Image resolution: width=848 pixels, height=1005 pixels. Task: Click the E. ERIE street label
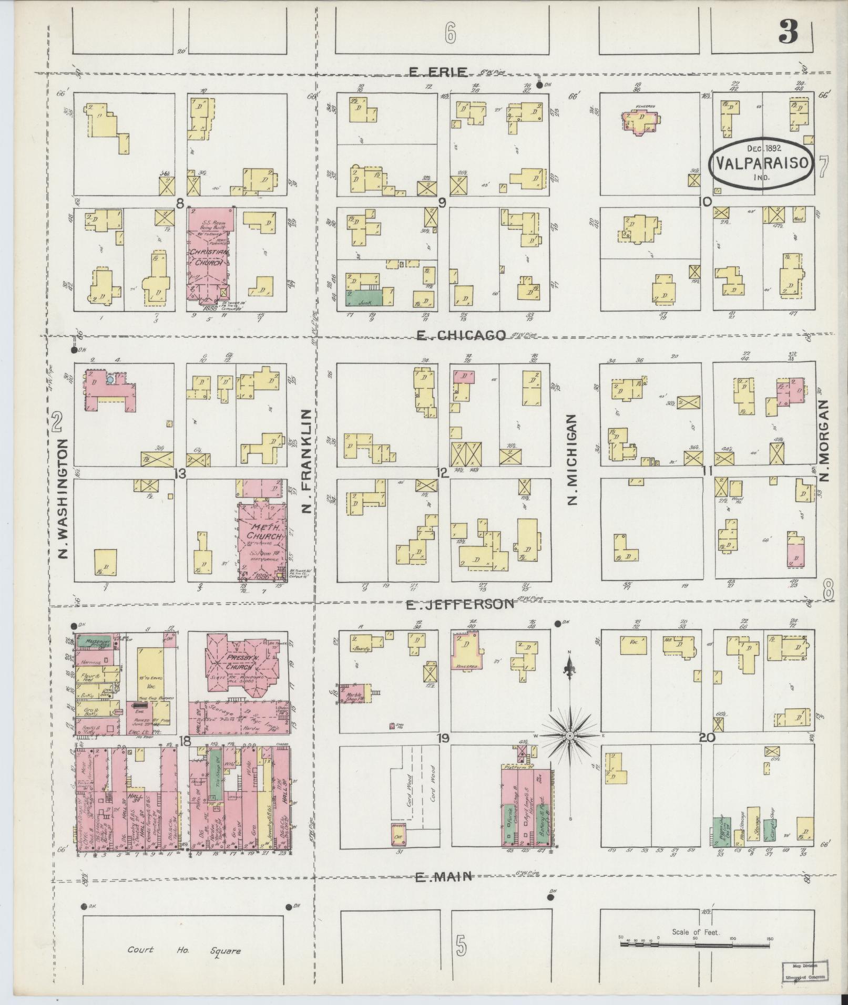coord(437,72)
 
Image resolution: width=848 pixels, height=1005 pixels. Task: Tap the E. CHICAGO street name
coord(461,335)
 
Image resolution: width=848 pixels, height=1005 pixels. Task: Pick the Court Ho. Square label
coord(185,950)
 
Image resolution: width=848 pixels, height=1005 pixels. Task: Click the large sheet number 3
coord(788,33)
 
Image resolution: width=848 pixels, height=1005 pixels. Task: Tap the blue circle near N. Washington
coord(110,378)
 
